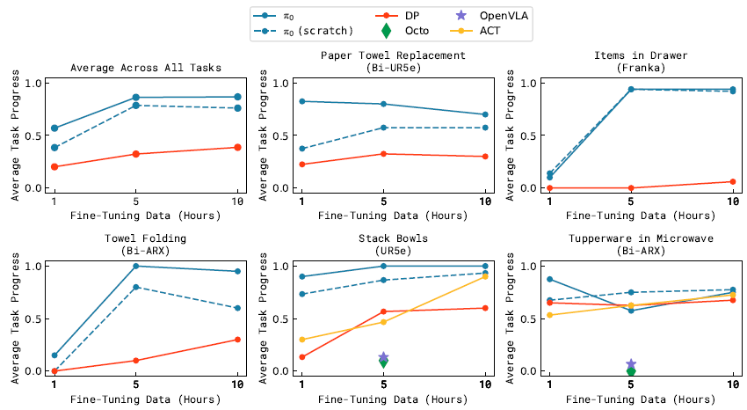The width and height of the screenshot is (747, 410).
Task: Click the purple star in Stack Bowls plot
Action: pyautogui.click(x=383, y=357)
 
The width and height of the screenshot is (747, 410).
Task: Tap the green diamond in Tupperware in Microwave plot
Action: pyautogui.click(x=631, y=371)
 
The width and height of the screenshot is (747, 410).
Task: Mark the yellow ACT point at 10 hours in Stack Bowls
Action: pyautogui.click(x=485, y=276)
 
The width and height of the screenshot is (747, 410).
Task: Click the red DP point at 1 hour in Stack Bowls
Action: pyautogui.click(x=302, y=357)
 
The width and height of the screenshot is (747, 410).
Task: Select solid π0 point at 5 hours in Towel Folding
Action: pyautogui.click(x=135, y=266)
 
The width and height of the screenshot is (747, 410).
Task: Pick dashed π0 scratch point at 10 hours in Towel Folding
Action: pyautogui.click(x=237, y=308)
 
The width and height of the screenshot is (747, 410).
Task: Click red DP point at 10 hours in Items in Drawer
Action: pyautogui.click(x=734, y=182)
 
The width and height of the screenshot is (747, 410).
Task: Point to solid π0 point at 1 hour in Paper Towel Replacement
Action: pyautogui.click(x=302, y=101)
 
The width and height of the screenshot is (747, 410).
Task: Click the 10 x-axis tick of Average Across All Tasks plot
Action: pyautogui.click(x=237, y=203)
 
